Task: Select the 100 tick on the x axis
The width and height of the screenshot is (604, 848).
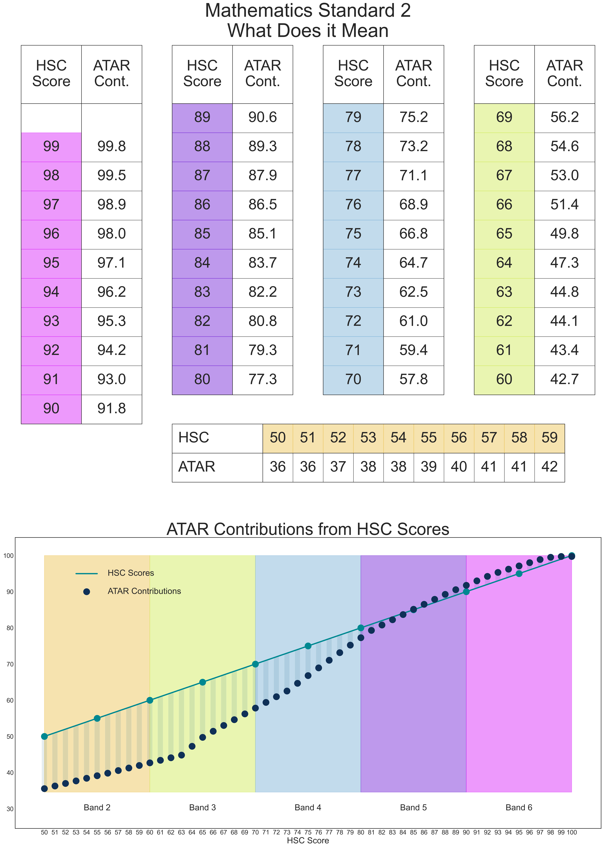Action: (572, 832)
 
